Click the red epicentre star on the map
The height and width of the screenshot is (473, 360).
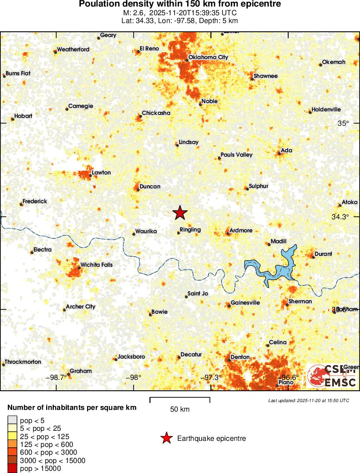tap(180, 213)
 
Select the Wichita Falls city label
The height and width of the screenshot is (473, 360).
tap(96, 265)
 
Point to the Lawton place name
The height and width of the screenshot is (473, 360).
tap(101, 173)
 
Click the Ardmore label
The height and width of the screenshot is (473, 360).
tap(241, 230)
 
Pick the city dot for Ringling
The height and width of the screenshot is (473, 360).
tap(178, 233)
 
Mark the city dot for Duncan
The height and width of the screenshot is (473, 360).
tap(138, 189)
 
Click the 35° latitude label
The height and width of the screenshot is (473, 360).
tap(343, 124)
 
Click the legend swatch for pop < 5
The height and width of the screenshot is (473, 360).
tap(13, 420)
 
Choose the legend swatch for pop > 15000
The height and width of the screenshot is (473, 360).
tap(13, 469)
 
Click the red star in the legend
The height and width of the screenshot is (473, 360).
tap(166, 438)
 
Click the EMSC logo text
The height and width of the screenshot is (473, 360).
tap(340, 382)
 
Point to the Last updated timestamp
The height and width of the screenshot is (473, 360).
tap(309, 400)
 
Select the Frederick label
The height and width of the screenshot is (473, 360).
tap(35, 201)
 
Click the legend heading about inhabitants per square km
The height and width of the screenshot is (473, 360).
tap(72, 408)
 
